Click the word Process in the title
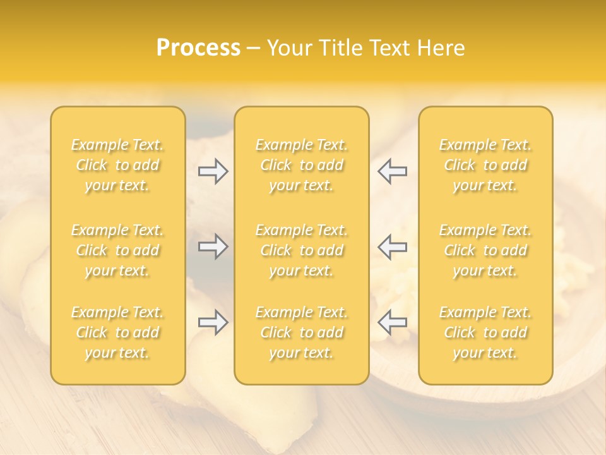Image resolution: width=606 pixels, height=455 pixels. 198,48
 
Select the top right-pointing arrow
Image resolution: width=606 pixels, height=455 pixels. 213,171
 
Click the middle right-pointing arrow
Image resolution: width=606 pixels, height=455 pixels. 213,246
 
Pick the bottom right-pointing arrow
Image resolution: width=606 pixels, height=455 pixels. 213,322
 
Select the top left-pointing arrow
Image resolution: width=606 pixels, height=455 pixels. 393,171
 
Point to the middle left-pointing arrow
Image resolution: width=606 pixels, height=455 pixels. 393,246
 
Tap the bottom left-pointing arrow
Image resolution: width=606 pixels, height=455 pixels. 393,322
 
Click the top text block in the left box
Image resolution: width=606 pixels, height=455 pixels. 117,165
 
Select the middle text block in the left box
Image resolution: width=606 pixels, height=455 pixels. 117,250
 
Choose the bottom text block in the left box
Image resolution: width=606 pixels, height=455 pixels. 117,332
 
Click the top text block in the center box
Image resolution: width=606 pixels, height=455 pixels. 302,165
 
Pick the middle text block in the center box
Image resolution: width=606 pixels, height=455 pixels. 302,250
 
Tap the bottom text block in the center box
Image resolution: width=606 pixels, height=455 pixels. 302,332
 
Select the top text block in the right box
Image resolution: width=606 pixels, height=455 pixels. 485,165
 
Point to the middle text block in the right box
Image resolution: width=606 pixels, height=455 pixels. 485,250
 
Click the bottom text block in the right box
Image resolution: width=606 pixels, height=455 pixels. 485,332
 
